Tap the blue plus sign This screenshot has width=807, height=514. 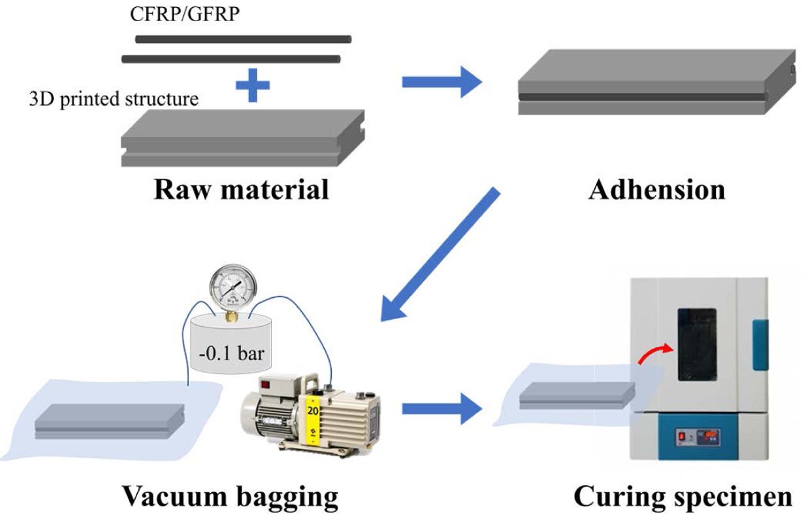coord(253,87)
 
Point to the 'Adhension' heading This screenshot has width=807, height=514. coord(656,190)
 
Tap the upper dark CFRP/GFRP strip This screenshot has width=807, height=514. coord(243,39)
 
